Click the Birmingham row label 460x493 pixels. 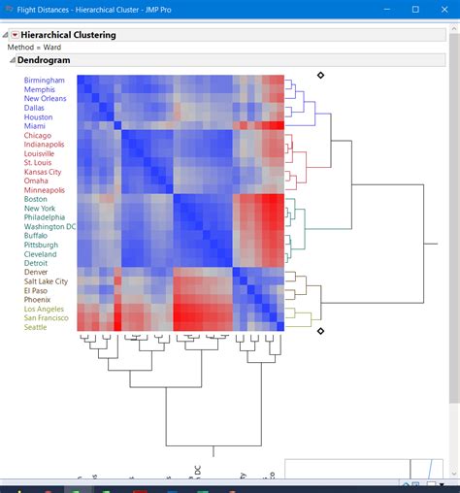(45, 81)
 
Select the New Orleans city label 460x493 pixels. (46, 99)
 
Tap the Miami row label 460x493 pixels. (35, 126)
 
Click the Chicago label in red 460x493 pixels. (38, 136)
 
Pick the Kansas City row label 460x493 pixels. (45, 172)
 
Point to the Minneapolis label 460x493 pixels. (45, 190)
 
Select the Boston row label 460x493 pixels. (37, 200)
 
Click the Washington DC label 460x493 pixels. (50, 227)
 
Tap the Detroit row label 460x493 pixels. (37, 263)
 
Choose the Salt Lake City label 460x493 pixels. (47, 281)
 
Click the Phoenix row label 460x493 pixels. (39, 300)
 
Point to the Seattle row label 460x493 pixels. (36, 327)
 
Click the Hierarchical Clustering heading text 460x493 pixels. (70, 35)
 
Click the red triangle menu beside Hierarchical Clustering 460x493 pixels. (15, 35)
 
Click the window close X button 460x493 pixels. (443, 10)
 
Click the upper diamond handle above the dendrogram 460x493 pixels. (320, 75)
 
